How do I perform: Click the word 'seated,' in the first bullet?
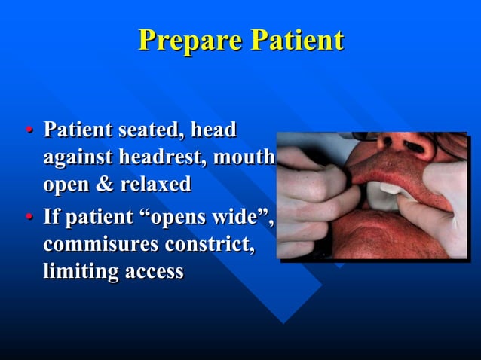148,130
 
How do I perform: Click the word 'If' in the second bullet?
51,218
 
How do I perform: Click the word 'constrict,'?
208,245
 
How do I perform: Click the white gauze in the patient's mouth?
385,197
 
